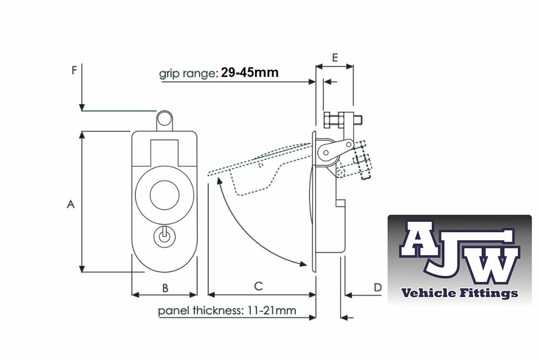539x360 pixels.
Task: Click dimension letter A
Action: pos(71,204)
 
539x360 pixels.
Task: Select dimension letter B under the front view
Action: pos(165,288)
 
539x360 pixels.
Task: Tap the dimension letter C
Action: pos(258,286)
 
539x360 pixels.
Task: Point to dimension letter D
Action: pos(378,287)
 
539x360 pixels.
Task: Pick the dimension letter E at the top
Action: pos(335,58)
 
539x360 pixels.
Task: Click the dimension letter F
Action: pos(74,70)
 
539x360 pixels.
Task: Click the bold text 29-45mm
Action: pos(250,72)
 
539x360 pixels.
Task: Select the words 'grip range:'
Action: pos(189,73)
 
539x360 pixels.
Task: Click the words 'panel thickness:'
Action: pos(201,310)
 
